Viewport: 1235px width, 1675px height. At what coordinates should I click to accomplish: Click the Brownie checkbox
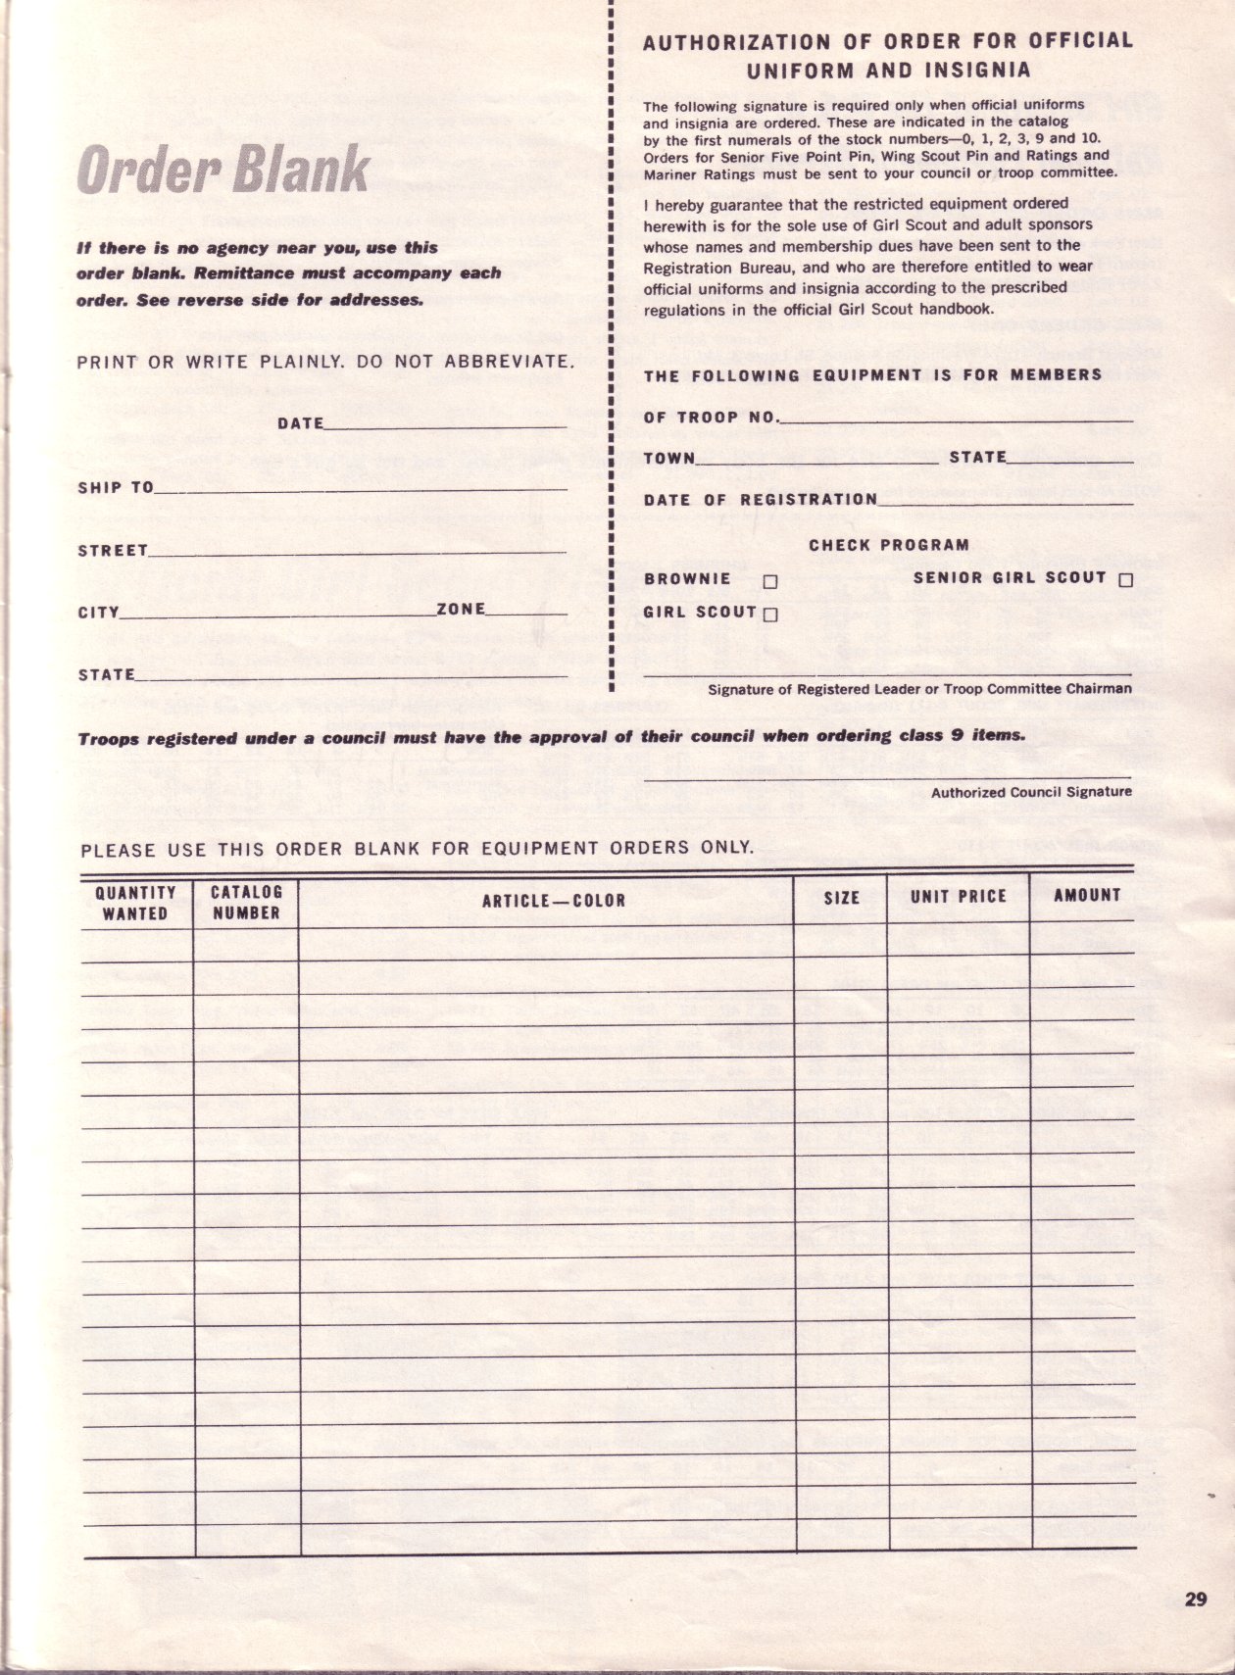coord(769,581)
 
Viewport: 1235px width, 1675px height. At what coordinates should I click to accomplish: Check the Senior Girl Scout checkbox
coord(1125,580)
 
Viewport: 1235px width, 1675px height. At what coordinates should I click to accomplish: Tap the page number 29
coord(1195,1601)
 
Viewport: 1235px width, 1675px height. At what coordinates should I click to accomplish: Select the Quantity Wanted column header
coord(135,903)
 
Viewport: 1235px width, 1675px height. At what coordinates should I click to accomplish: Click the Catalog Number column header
coord(246,903)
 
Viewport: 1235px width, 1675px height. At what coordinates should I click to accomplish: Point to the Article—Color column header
coord(553,900)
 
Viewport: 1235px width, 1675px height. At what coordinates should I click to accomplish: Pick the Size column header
coord(841,897)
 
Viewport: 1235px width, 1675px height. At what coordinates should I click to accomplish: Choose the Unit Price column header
coord(958,896)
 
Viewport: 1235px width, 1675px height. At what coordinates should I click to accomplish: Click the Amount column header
coord(1086,895)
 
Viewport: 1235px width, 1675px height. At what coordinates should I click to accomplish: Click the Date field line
coord(445,426)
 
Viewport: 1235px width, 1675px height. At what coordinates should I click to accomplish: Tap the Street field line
coord(358,552)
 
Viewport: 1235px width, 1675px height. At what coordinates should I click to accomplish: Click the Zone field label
coord(461,610)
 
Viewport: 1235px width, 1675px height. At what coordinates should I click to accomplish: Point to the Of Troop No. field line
coord(957,419)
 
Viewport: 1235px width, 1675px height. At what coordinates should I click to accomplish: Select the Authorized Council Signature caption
coord(1031,792)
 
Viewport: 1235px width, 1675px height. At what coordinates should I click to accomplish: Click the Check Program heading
coord(888,545)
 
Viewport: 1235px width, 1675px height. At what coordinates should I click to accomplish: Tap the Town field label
coord(668,459)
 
